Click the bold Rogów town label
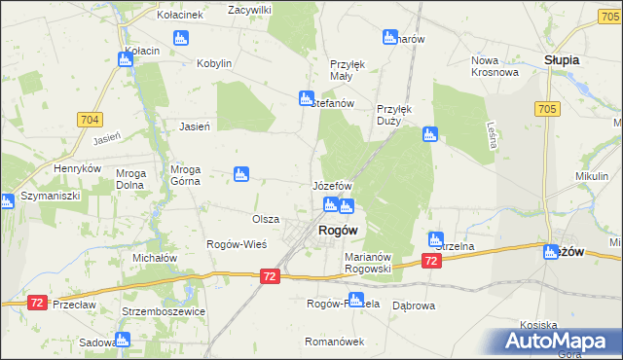337,230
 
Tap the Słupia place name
562,59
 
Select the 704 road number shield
89,119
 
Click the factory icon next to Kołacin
125,59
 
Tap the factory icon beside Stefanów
306,98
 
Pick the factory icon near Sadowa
122,340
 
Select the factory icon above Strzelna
436,238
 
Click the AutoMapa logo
559,341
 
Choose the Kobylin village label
214,63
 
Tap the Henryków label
78,167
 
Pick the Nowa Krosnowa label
493,65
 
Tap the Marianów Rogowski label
368,263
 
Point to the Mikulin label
591,175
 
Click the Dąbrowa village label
413,305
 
